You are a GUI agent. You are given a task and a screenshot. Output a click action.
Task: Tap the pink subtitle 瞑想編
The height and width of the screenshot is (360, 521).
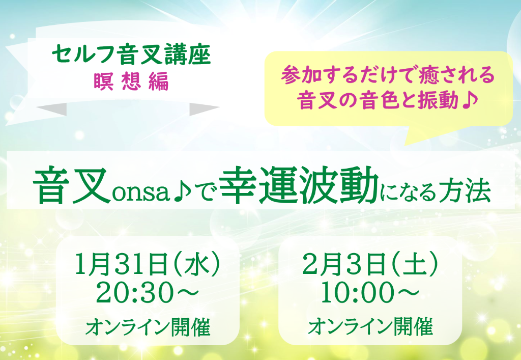131,82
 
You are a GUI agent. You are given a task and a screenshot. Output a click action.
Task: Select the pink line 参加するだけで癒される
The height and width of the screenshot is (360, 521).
388,75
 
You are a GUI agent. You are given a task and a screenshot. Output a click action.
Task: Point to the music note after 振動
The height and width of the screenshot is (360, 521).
470,100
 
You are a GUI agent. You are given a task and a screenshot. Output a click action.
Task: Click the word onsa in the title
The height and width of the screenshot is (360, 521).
141,192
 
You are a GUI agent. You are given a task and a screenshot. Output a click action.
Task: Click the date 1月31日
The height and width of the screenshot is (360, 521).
121,264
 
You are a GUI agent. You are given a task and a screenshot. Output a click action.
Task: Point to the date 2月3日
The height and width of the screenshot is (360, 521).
343,264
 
